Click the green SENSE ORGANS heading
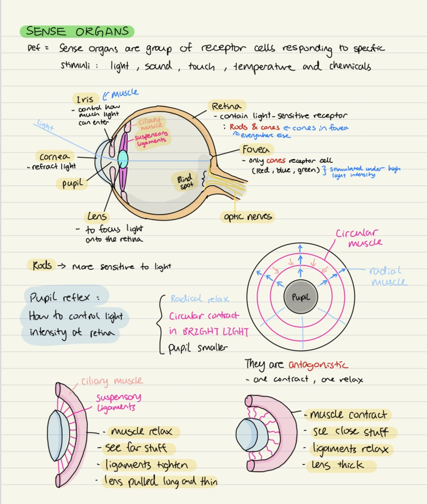click(77, 32)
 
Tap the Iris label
click(85, 99)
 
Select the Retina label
click(226, 106)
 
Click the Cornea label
click(55, 157)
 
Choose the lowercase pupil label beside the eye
click(72, 184)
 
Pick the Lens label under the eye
click(97, 217)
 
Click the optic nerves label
click(247, 217)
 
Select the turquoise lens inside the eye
click(123, 159)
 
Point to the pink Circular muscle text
click(358, 238)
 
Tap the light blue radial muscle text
click(388, 276)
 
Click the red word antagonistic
click(318, 364)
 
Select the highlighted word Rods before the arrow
click(42, 265)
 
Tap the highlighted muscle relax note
click(142, 432)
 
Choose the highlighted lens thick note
click(338, 465)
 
